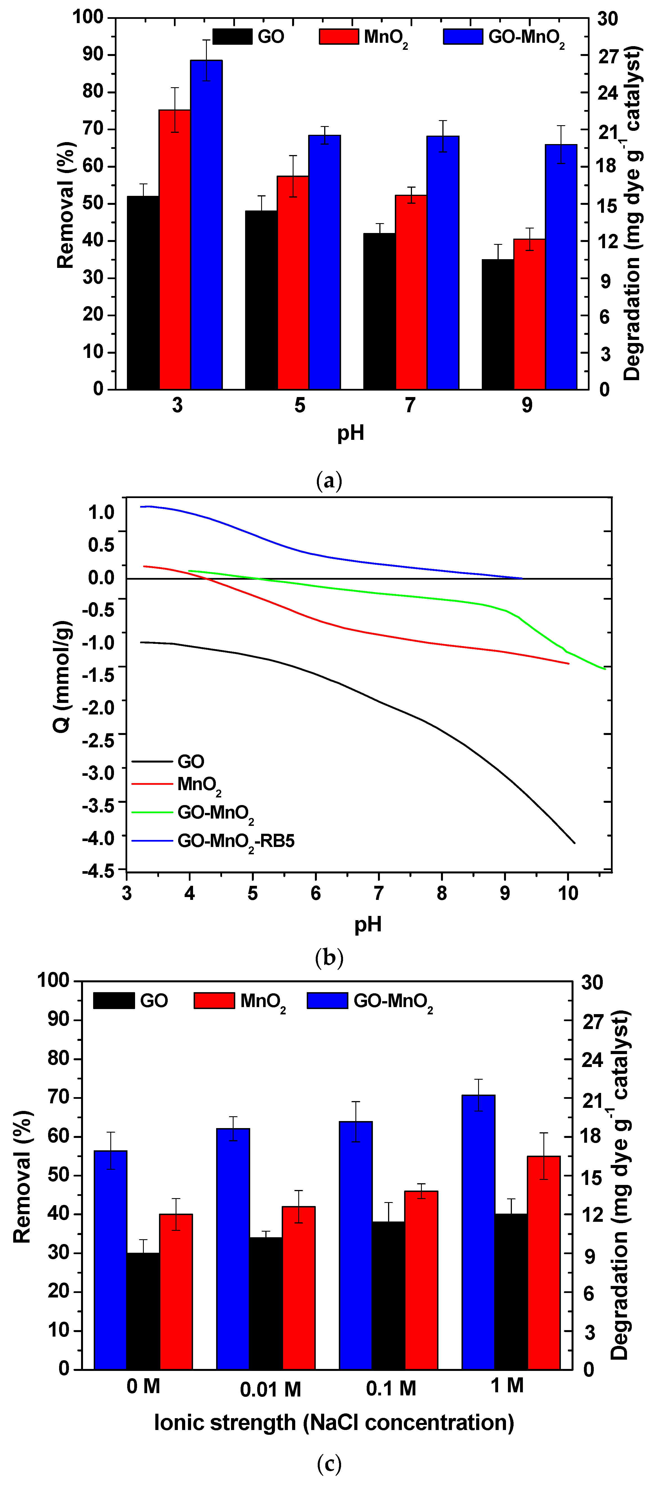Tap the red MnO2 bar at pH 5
click(293, 283)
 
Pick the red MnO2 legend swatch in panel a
click(339, 36)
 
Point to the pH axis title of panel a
click(351, 433)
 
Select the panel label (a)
click(329, 480)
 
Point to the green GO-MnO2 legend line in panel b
click(152, 812)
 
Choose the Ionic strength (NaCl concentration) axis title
click(334, 1422)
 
